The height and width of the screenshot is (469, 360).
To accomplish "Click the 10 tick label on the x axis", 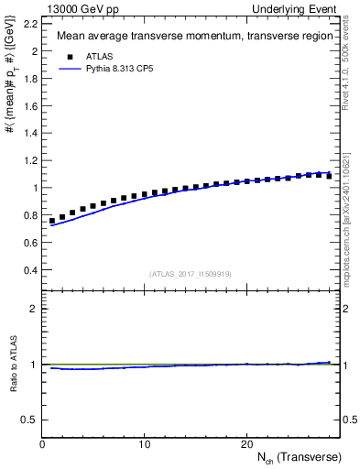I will [x=145, y=444].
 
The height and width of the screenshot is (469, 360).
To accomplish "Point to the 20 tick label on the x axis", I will [x=246, y=444].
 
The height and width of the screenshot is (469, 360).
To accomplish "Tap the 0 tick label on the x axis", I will [x=42, y=444].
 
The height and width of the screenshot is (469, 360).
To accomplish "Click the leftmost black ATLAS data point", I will [x=52, y=221].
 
